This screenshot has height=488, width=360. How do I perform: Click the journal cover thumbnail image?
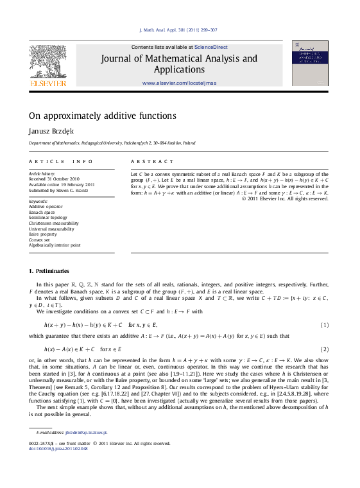309,64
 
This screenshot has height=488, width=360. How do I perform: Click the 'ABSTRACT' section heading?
152,162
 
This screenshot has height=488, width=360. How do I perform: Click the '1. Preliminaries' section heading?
49,271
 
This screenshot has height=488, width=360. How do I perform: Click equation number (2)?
324,349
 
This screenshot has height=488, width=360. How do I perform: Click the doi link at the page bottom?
58,448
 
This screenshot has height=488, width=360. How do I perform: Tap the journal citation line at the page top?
178,30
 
